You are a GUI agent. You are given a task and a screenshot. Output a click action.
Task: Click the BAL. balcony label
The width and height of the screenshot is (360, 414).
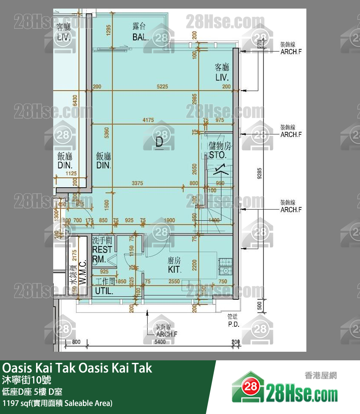[140, 37]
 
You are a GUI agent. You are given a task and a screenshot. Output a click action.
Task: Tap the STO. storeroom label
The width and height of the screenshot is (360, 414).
[218, 155]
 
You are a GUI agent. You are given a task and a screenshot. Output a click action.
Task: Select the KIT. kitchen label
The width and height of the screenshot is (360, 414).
[175, 270]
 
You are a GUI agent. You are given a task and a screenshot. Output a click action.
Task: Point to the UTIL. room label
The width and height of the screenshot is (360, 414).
[104, 291]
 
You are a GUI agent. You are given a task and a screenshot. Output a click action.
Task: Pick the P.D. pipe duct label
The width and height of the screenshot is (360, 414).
[233, 324]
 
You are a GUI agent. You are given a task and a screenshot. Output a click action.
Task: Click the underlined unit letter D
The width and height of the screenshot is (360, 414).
[159, 143]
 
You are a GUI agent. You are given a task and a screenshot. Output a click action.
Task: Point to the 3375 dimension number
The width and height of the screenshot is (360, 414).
[138, 183]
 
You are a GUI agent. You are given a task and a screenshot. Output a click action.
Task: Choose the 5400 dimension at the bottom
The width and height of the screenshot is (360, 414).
[160, 342]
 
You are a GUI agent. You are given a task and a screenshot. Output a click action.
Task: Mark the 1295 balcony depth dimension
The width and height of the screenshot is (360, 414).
[109, 31]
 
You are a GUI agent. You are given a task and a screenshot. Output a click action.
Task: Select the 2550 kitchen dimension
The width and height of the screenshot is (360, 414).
[174, 282]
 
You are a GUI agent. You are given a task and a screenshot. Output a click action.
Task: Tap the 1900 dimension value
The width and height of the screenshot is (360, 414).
[169, 221]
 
